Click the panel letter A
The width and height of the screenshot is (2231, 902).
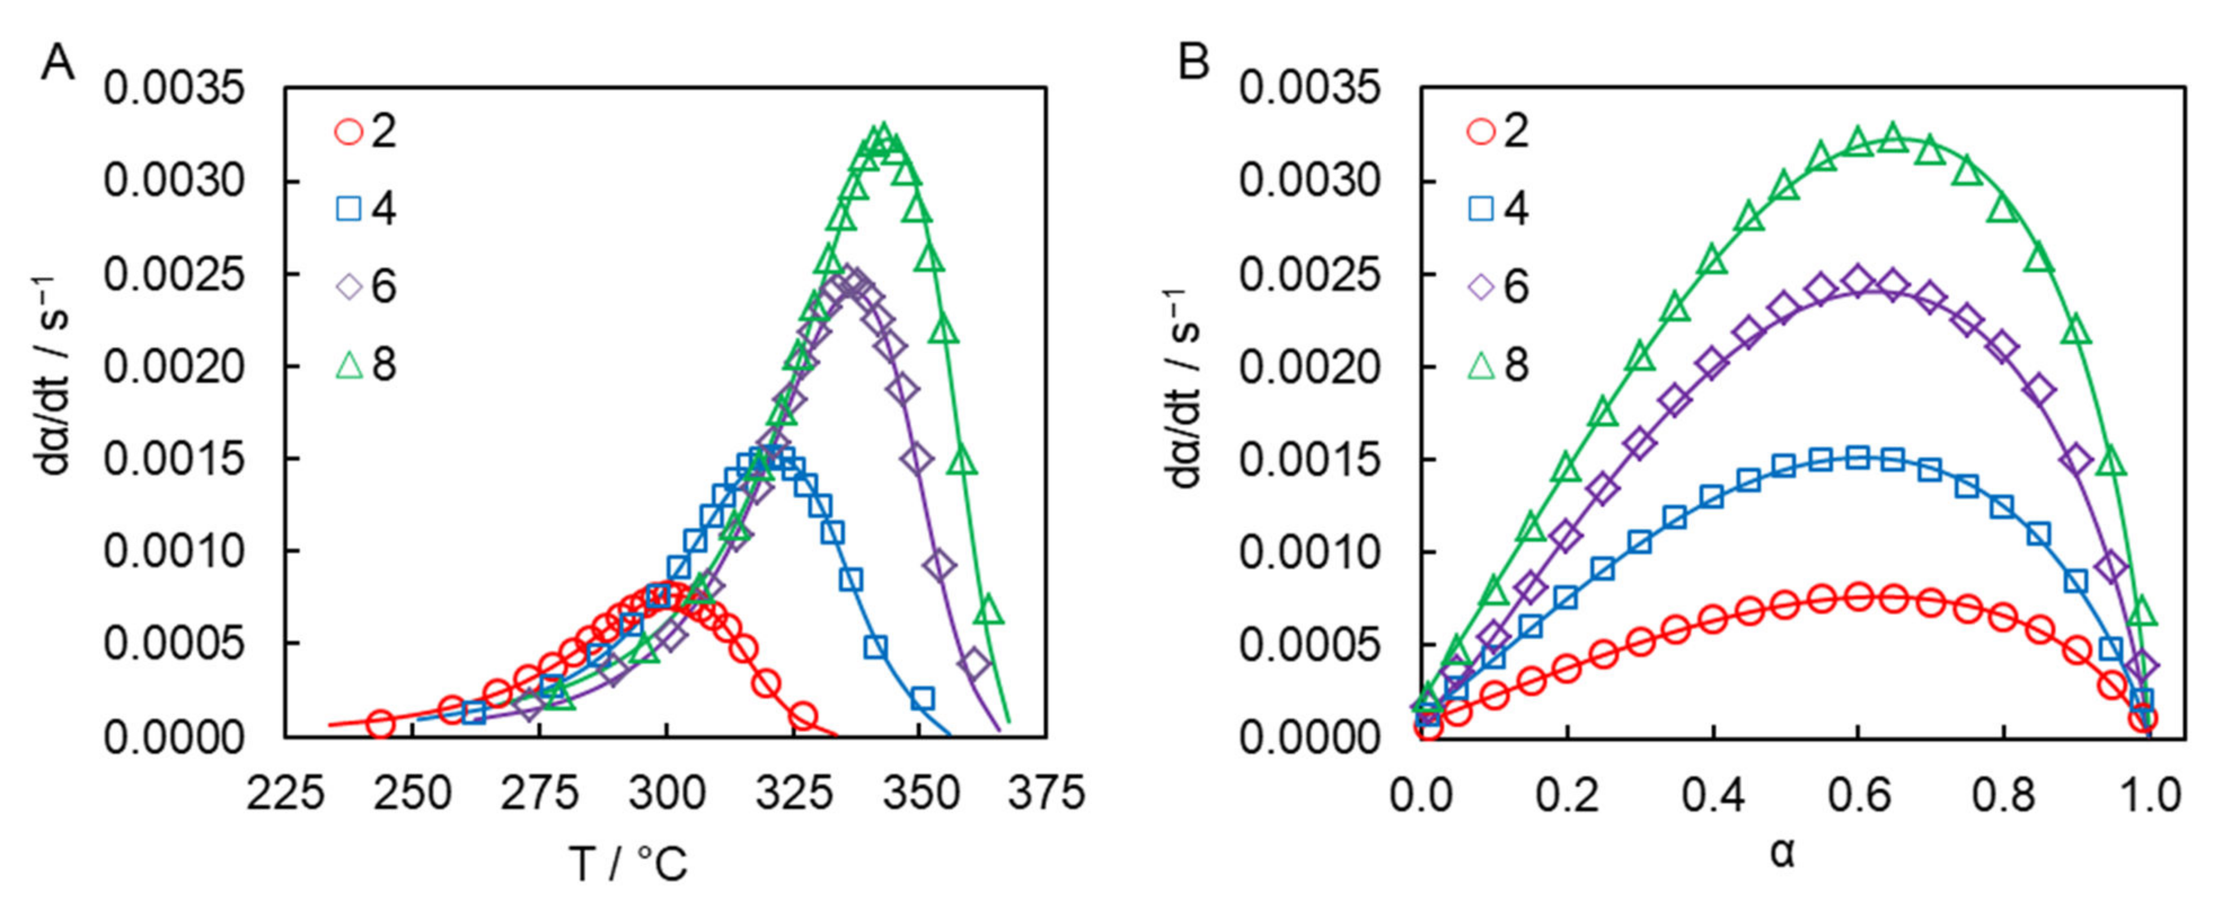(x=57, y=63)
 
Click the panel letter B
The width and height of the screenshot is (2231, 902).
(x=1193, y=63)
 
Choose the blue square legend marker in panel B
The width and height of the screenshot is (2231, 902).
(x=1482, y=209)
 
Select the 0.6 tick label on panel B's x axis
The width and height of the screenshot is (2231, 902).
(x=1857, y=792)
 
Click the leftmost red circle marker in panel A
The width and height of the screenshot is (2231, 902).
(x=381, y=724)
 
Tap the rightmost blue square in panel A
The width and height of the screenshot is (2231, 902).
(x=923, y=698)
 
